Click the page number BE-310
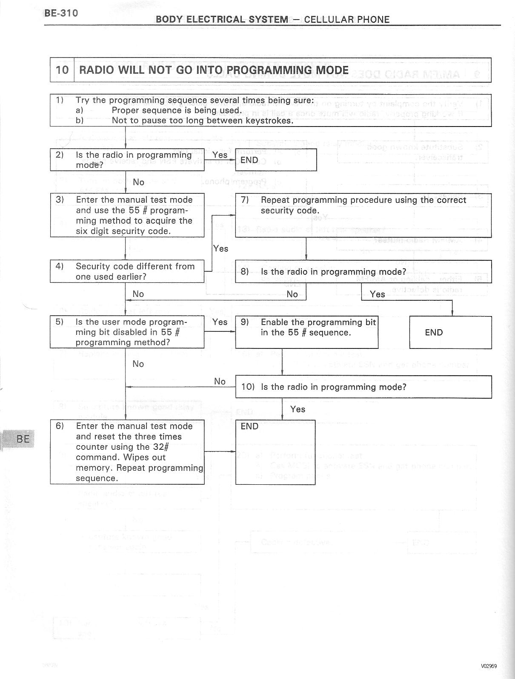tap(61, 13)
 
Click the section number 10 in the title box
tap(62, 70)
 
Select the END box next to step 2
tap(276, 160)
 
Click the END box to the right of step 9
tap(450, 332)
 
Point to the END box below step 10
tap(275, 452)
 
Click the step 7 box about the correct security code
tap(363, 215)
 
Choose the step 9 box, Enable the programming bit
tap(306, 332)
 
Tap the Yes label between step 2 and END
tap(220, 155)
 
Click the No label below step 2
tap(138, 182)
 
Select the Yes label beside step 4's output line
tap(220, 248)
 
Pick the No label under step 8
tap(292, 294)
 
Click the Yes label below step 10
tap(298, 409)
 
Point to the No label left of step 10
tap(220, 381)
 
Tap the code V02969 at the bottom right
tap(489, 666)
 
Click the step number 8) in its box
tap(244, 271)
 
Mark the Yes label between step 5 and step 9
tap(220, 322)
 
